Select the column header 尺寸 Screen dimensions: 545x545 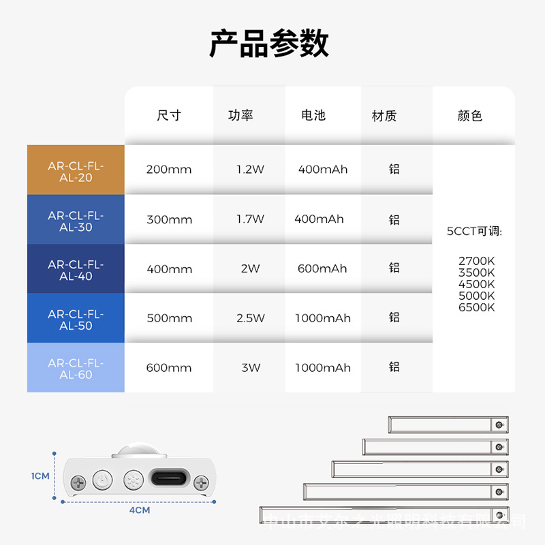tap(169, 116)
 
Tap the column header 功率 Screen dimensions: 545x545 tap(240, 116)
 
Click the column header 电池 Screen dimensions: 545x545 tap(313, 116)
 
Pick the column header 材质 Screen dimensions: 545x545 tap(384, 116)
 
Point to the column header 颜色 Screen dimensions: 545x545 tap(470, 116)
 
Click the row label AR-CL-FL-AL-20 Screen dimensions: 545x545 tap(76, 171)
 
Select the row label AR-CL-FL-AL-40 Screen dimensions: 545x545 tap(76, 270)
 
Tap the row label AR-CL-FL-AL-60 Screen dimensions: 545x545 tap(76, 369)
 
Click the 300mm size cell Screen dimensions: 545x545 tap(170, 220)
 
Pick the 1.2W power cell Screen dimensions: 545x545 tap(250, 170)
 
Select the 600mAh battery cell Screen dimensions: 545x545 tap(322, 268)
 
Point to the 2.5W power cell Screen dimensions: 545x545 tap(250, 318)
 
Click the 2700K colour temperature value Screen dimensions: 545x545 tap(477, 261)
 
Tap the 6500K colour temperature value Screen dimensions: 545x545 tap(477, 307)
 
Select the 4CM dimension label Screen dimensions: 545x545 tap(140, 510)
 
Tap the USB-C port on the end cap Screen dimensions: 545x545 tap(167, 480)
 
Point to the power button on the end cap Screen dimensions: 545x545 tap(102, 480)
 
